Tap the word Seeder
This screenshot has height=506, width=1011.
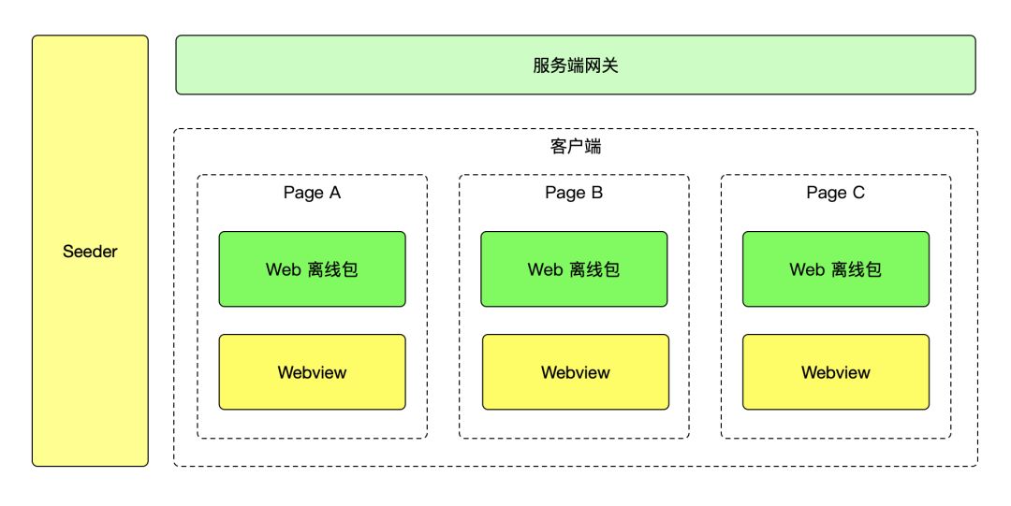coord(90,252)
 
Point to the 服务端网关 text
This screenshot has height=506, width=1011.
coord(576,65)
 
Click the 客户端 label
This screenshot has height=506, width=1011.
coord(576,148)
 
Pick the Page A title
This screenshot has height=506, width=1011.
coord(312,193)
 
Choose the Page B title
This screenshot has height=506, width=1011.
coord(574,193)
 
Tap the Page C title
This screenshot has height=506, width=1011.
coord(836,193)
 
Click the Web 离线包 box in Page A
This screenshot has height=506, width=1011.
coord(312,290)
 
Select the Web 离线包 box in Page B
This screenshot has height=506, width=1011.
coord(574,290)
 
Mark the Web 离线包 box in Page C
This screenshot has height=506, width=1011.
coord(836,290)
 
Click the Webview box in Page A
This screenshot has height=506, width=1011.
coord(312,393)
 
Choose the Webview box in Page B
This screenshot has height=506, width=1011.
coord(576,393)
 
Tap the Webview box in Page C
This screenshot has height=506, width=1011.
coord(836,393)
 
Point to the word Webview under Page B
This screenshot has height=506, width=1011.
coord(576,372)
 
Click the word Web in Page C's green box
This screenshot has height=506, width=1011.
coord(807,270)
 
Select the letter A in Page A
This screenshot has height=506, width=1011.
coord(335,193)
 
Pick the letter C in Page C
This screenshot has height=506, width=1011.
coord(858,193)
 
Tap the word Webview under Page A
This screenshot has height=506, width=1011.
coord(312,372)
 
